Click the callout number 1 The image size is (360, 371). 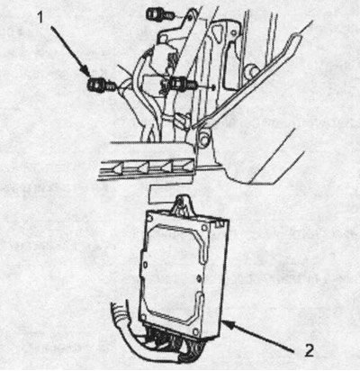pyautogui.click(x=40, y=17)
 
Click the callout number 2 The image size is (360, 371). pyautogui.click(x=309, y=350)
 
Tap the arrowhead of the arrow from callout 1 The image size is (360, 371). pyautogui.click(x=87, y=73)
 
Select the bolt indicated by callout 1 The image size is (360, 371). pyautogui.click(x=100, y=86)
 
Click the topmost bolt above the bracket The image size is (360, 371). pyautogui.click(x=160, y=14)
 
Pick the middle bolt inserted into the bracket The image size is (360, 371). pyautogui.click(x=182, y=83)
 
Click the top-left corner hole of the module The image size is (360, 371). pyautogui.click(x=151, y=218)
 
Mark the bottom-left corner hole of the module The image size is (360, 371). pyautogui.click(x=144, y=316)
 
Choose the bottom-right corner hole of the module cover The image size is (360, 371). pyautogui.click(x=196, y=331)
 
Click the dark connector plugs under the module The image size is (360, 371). pyautogui.click(x=174, y=341)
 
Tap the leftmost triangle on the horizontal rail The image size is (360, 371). pyautogui.click(x=117, y=169)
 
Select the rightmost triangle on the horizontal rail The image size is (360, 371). pyautogui.click(x=188, y=166)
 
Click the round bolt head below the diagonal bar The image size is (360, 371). pyautogui.click(x=203, y=139)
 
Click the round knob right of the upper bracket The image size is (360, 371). pyautogui.click(x=252, y=71)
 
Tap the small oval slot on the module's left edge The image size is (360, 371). pyautogui.click(x=145, y=265)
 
